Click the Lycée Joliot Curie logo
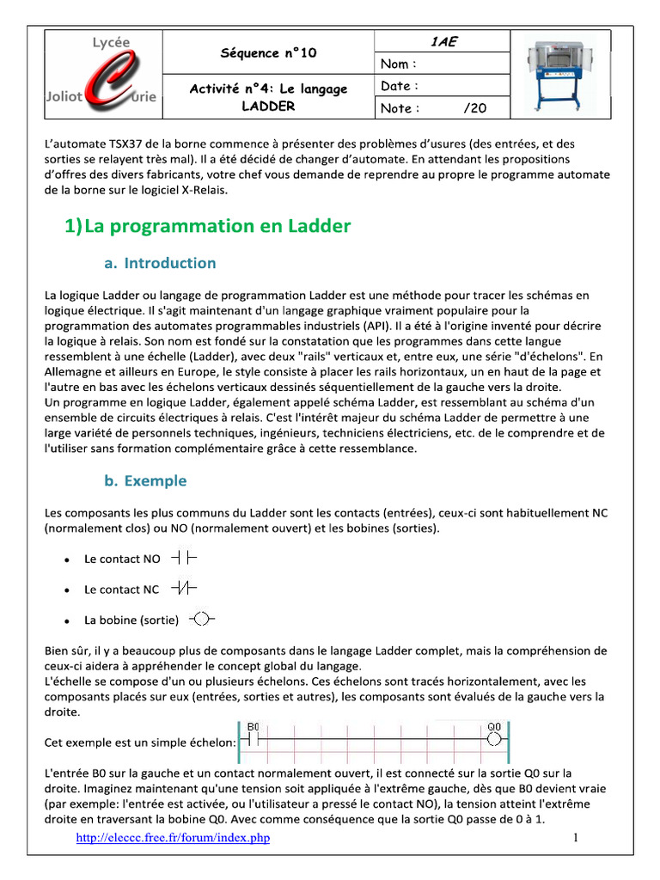[x=101, y=74]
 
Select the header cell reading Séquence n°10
[x=268, y=52]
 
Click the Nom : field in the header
[x=399, y=64]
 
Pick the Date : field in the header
[x=400, y=86]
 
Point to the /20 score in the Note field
[x=474, y=108]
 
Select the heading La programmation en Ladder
[x=208, y=226]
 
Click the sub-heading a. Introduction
[x=160, y=263]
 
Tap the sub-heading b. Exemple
[x=145, y=481]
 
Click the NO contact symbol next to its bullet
[x=184, y=559]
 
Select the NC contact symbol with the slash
[x=184, y=589]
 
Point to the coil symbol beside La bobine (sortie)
[x=200, y=619]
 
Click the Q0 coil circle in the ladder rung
[x=493, y=739]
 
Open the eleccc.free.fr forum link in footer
[x=173, y=838]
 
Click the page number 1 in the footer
[x=577, y=838]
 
